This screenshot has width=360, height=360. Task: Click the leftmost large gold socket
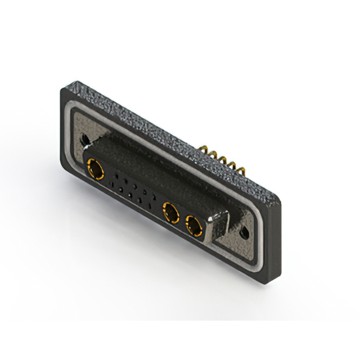coord(94,168)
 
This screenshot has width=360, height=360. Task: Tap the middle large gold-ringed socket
coord(170,213)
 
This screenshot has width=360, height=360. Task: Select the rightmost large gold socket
coord(194,227)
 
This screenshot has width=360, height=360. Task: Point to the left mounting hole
coord(84,138)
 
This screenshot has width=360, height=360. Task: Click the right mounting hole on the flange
coord(245,232)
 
